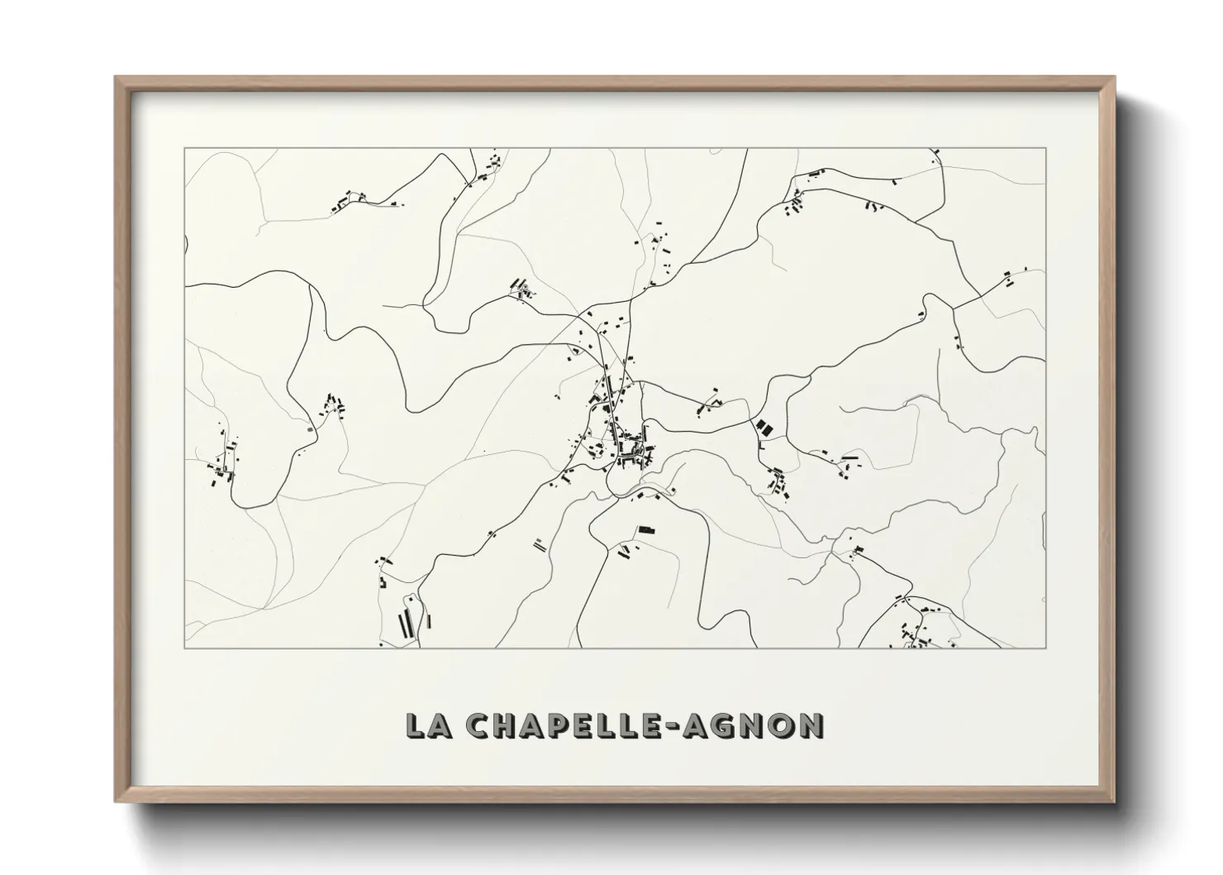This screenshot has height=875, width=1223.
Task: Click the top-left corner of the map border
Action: [184, 148]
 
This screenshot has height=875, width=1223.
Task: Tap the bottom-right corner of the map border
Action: [1046, 648]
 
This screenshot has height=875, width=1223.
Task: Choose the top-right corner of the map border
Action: [1046, 148]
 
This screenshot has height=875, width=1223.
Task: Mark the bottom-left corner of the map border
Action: [184, 648]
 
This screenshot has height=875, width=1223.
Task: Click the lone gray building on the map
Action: [310, 429]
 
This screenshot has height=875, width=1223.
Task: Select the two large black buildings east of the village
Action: [763, 428]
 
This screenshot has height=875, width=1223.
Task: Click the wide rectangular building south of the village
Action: [646, 528]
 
